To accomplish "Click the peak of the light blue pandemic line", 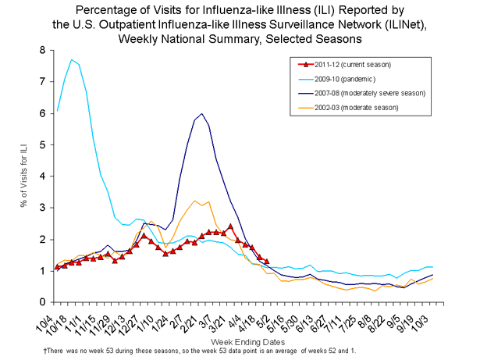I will (x=72, y=59).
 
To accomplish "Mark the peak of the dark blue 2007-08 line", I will (x=202, y=113).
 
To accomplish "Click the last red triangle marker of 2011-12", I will (x=266, y=261).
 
